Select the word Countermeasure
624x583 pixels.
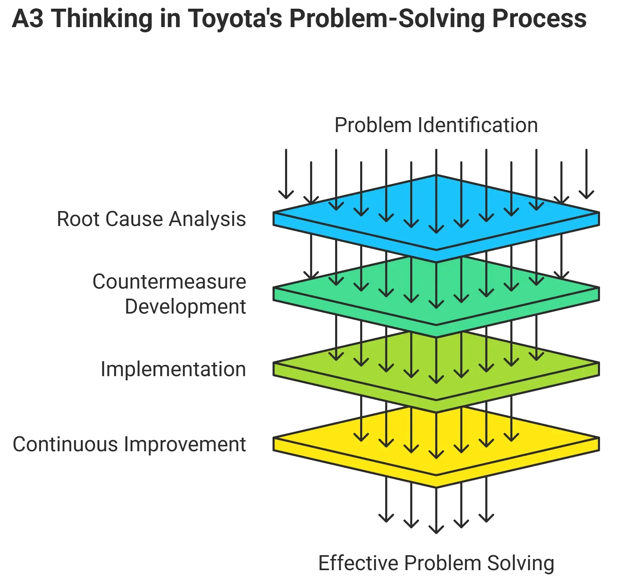pos(170,281)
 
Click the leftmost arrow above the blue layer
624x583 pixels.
pos(287,174)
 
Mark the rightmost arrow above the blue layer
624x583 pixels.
pos(587,174)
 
